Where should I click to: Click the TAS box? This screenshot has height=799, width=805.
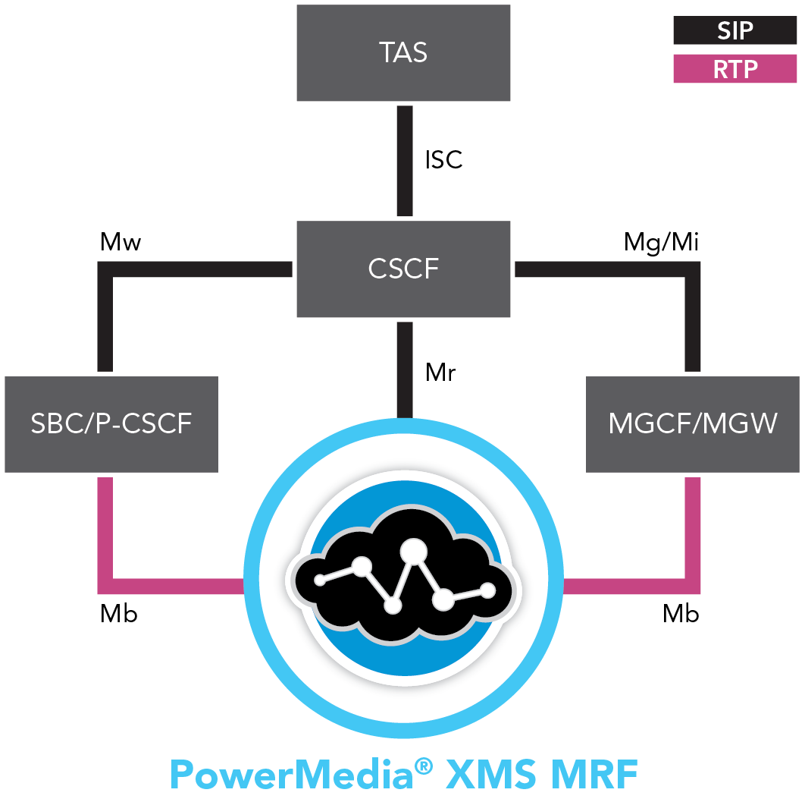click(x=402, y=53)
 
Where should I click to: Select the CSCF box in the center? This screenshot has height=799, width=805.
click(x=402, y=269)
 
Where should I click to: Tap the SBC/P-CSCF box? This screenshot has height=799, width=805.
click(x=111, y=423)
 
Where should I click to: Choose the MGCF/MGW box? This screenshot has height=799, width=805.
click(x=693, y=423)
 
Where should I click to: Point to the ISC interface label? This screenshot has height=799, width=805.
click(x=443, y=160)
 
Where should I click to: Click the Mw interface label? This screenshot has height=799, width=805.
click(x=121, y=243)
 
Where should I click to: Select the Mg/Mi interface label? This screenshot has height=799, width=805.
click(x=661, y=243)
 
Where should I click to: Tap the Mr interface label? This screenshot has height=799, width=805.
click(x=440, y=373)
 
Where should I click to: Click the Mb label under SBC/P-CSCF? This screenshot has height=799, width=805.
click(x=119, y=614)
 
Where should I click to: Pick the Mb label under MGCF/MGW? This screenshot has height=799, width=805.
click(x=681, y=614)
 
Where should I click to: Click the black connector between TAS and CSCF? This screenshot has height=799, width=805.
click(x=405, y=160)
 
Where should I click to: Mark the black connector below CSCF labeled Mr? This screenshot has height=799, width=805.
click(x=405, y=370)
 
